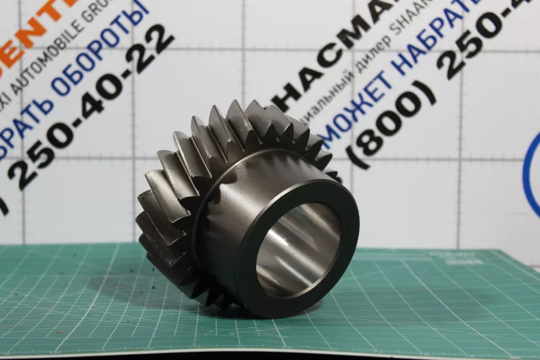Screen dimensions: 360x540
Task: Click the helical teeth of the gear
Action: coord(176,176)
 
